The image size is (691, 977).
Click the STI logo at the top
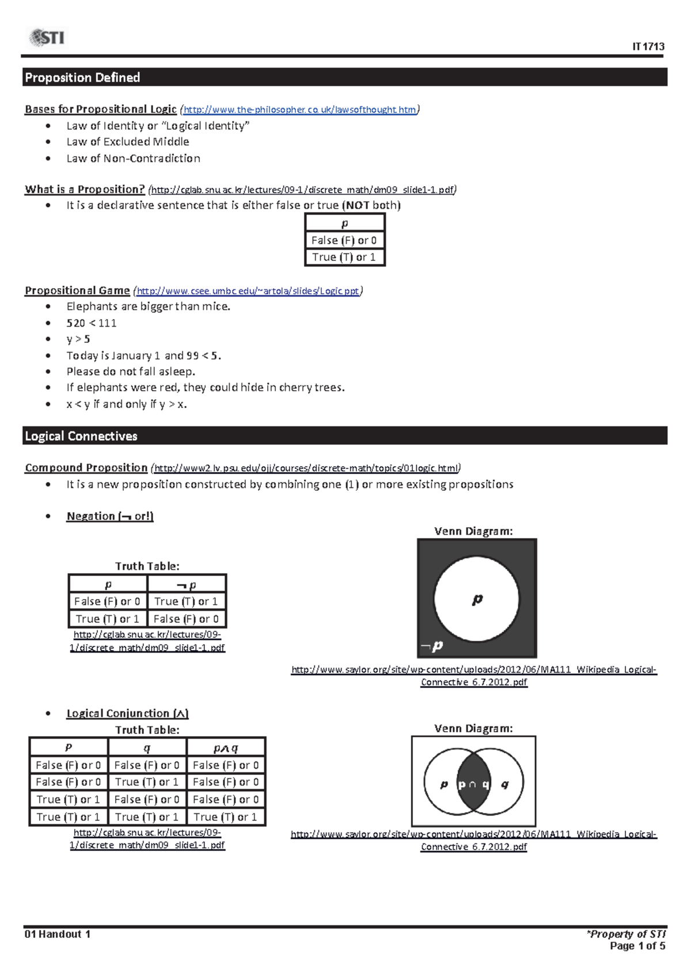point(47,38)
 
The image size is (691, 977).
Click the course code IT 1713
point(648,47)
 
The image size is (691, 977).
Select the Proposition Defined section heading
point(82,77)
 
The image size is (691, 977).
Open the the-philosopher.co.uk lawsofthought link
point(299,109)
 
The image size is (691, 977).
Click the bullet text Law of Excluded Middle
point(127,142)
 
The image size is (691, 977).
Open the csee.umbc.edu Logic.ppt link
point(248,291)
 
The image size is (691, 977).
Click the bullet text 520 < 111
point(91,323)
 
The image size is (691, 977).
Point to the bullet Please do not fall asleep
point(131,372)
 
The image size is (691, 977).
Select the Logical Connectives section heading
point(81,436)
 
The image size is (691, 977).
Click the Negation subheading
point(110,516)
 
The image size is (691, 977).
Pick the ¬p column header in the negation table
point(187,585)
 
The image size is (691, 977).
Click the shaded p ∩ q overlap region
point(473,784)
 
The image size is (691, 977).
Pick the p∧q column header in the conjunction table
point(226,748)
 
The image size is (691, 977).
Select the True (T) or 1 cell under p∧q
point(226,817)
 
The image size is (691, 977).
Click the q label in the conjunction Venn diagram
point(505,784)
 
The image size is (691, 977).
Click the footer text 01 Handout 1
point(57,934)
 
